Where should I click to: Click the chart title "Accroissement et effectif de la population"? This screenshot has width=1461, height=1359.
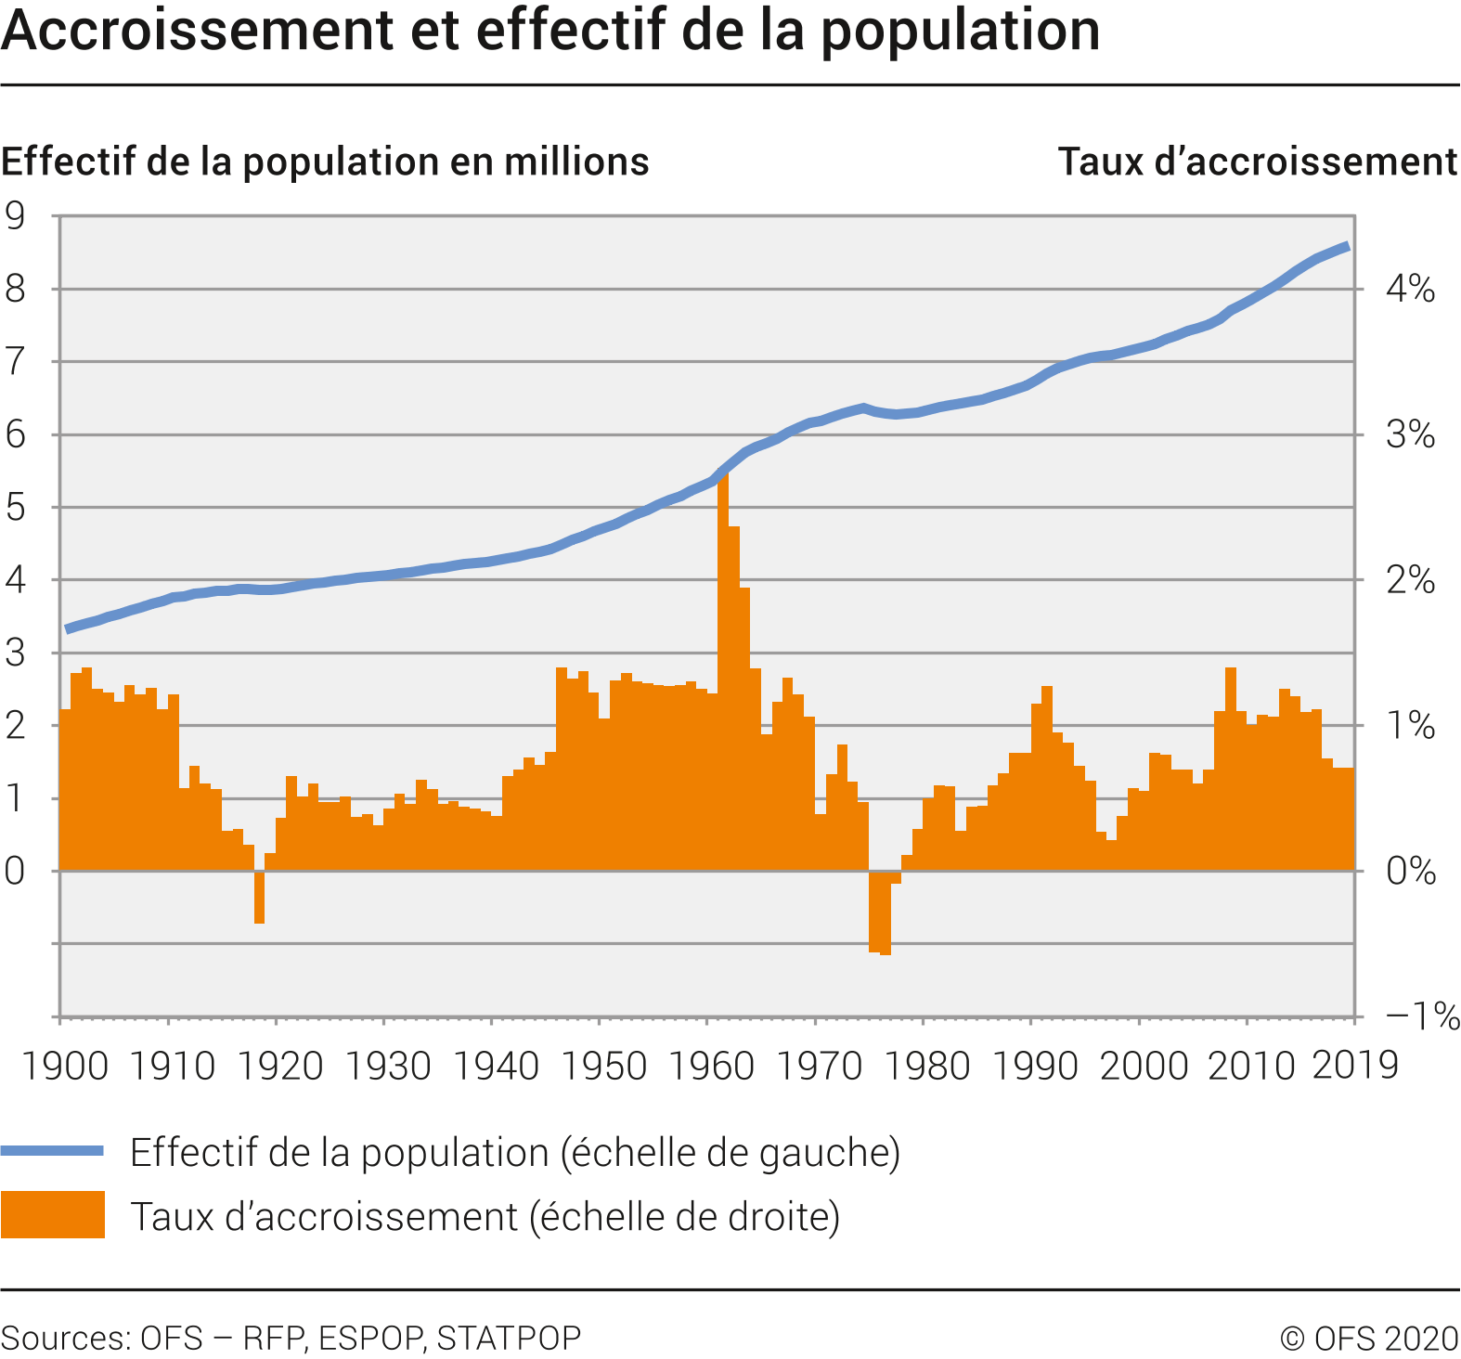[x=550, y=30]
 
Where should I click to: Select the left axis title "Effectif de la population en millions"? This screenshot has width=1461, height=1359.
[x=325, y=162]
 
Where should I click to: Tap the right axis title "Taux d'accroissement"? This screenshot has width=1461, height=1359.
[x=1258, y=162]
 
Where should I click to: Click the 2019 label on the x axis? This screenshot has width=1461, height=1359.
[x=1355, y=1066]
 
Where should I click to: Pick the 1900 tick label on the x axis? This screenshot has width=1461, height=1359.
[x=65, y=1066]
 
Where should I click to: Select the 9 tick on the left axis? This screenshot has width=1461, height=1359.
[x=16, y=216]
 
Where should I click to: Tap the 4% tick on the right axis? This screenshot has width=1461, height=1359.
[x=1410, y=289]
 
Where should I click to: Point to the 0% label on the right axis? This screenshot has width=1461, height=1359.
[x=1411, y=872]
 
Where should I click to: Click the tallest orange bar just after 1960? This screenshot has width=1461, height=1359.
[x=723, y=668]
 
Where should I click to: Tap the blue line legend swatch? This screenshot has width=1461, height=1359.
[x=52, y=1151]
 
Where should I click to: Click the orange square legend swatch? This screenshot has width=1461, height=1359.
[x=52, y=1215]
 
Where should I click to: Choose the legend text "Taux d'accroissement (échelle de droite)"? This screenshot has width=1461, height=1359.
[x=485, y=1216]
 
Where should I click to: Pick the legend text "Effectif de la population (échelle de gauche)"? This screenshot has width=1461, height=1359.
[x=515, y=1152]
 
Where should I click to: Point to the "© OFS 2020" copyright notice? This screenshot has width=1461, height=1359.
[x=1369, y=1339]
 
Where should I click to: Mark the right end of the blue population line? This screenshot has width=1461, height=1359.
[x=1348, y=246]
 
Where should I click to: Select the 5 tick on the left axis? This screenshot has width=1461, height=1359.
[x=16, y=508]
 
